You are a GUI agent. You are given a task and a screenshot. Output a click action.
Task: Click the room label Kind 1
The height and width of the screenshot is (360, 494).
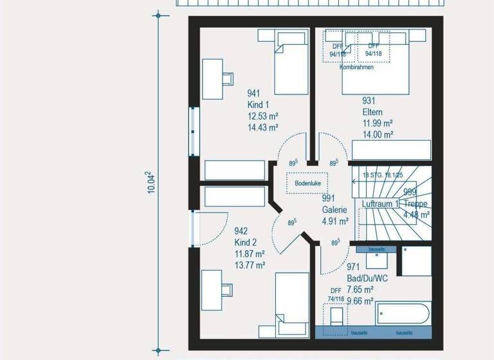tap(258, 105)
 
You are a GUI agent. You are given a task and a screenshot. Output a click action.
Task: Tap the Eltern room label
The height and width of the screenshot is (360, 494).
tap(372, 112)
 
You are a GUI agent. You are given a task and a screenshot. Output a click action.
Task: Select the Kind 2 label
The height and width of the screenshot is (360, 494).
tap(245, 242)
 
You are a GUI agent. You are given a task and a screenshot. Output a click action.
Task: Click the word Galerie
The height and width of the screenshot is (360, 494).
tap(334, 210)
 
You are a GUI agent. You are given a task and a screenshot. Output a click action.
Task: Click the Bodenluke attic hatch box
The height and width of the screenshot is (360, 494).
tap(307, 184)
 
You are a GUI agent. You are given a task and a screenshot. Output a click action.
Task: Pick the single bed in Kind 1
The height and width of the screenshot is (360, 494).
tap(292, 64)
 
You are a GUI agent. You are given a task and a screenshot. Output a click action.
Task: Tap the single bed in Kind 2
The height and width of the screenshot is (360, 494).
tap(293, 302)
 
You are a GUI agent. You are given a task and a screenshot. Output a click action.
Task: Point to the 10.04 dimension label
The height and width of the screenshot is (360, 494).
tap(151, 182)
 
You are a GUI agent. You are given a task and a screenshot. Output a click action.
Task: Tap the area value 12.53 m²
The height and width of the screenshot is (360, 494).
tap(262, 116)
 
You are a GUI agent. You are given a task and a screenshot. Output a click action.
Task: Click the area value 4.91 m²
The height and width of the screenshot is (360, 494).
tap(335, 221)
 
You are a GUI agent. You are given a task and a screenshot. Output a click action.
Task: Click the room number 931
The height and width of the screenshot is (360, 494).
tap(369, 100)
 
